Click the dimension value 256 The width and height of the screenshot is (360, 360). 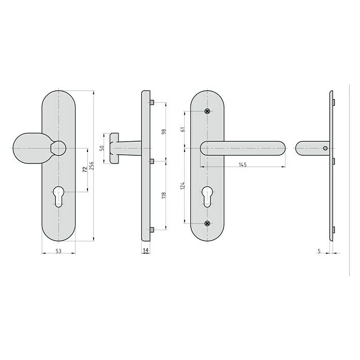[x=92, y=166]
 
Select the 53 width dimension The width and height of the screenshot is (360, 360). [x=58, y=251]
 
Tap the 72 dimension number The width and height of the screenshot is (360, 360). [x=85, y=170]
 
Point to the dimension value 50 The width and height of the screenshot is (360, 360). [x=102, y=148]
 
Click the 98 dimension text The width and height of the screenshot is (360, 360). [x=163, y=132]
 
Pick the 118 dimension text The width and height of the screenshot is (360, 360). [x=163, y=195]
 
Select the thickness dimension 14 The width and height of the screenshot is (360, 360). [x=145, y=250]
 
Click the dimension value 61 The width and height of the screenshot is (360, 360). [x=183, y=129]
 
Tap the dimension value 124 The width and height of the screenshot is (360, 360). [x=183, y=186]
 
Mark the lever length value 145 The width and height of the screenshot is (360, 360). [x=243, y=164]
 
